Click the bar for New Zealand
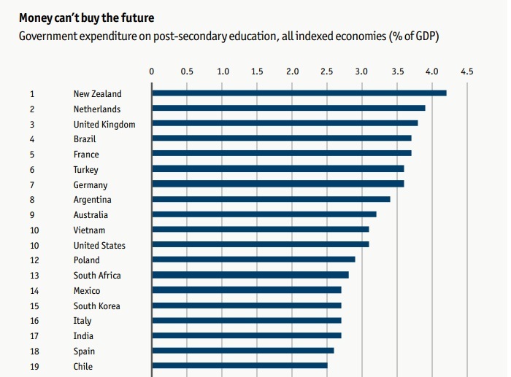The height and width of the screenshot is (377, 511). [299, 93]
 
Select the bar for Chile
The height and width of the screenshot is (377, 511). [239, 366]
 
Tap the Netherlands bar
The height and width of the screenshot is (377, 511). [288, 109]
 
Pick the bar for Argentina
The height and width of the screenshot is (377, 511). [271, 199]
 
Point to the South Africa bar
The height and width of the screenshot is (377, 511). [250, 275]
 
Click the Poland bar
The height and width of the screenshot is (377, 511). [253, 260]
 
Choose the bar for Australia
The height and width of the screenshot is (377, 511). [264, 214]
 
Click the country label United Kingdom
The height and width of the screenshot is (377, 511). [104, 124]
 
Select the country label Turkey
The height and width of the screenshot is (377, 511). [86, 169]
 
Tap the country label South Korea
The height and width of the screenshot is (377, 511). [97, 306]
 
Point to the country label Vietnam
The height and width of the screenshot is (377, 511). [89, 230]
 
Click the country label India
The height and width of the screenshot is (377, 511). [83, 336]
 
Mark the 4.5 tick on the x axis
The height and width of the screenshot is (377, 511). [466, 71]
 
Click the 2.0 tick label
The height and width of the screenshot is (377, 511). [293, 71]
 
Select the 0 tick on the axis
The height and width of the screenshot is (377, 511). [151, 71]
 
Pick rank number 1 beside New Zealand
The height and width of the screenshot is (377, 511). [32, 93]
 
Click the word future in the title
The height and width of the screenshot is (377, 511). [139, 16]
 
